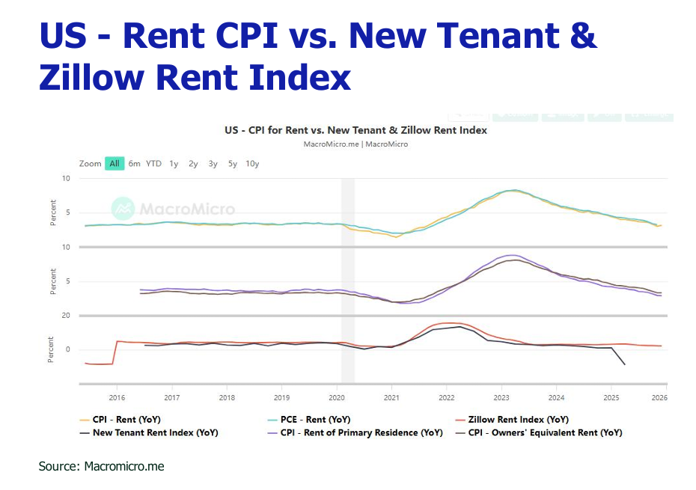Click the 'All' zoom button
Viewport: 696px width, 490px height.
point(115,163)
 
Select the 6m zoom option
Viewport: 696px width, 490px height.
point(134,163)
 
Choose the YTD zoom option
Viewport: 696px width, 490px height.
point(153,163)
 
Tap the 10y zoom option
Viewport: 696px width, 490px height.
point(252,163)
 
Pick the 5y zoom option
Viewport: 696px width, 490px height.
point(233,163)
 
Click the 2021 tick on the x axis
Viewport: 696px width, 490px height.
point(391,396)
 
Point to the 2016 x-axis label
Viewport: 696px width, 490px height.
point(117,396)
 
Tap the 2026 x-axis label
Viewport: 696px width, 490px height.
point(659,396)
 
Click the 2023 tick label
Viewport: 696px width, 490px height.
point(501,396)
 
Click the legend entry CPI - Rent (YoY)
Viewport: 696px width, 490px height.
point(126,420)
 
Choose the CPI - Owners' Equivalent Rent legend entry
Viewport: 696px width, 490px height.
point(545,432)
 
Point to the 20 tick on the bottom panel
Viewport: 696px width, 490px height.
point(66,316)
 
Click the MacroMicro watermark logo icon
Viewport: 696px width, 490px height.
point(122,209)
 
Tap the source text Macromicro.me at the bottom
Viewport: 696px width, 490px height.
point(123,466)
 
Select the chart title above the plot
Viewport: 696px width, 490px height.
point(355,130)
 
